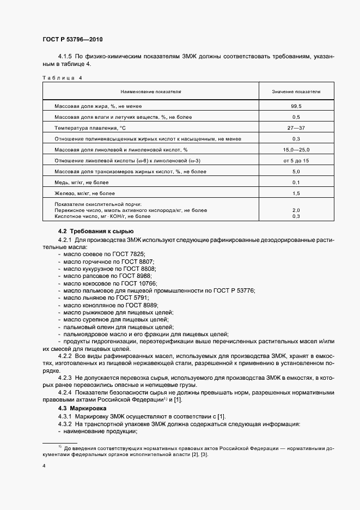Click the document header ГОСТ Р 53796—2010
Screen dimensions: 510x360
tap(72, 40)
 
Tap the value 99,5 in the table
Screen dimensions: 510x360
tap(296, 107)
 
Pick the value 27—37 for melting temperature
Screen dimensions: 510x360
tap(296, 128)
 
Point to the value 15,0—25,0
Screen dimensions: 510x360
tap(296, 149)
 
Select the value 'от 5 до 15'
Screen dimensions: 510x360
tap(296, 161)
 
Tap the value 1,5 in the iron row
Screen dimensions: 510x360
tap(296, 193)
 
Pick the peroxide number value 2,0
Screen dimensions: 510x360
tap(296, 210)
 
